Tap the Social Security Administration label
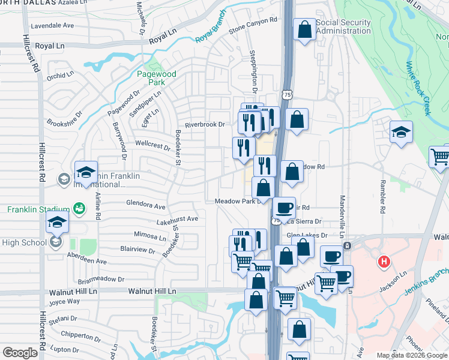point(343,27)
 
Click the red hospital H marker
point(383,262)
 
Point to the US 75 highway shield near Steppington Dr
point(288,95)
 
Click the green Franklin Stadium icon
point(79,208)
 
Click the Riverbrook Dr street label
point(204,125)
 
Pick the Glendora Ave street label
point(145,205)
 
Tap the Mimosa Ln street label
point(150,236)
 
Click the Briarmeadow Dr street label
point(101,280)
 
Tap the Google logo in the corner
point(20,352)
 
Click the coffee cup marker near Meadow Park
point(284,208)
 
